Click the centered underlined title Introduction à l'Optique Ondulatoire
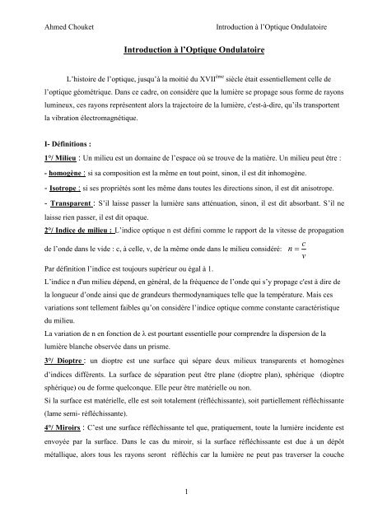pos(186,51)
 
